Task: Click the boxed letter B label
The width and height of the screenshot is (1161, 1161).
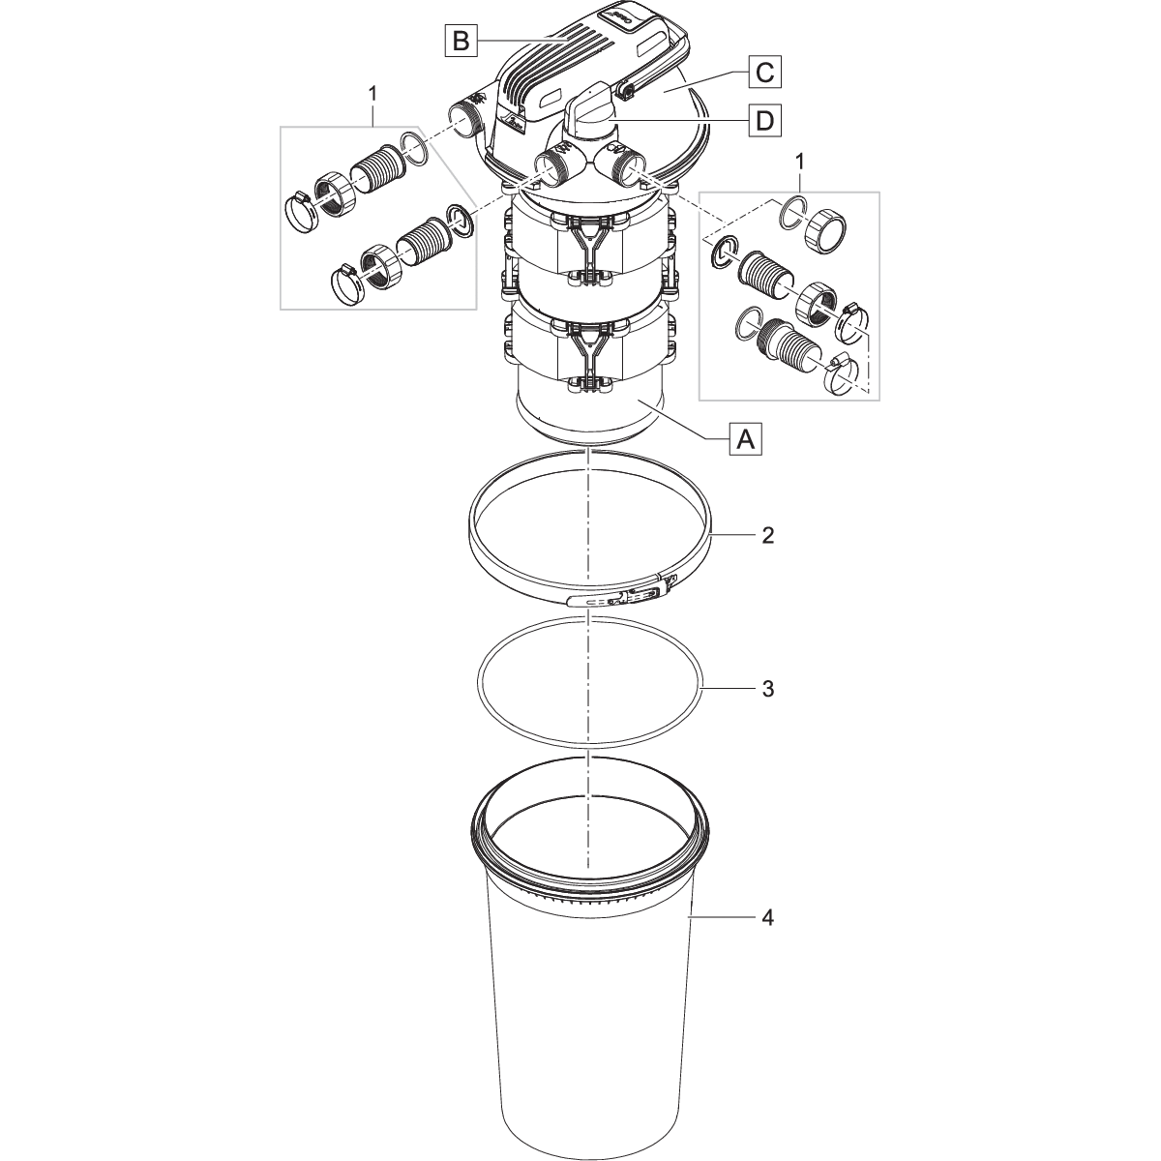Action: click(461, 41)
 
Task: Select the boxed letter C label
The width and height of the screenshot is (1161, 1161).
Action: click(764, 73)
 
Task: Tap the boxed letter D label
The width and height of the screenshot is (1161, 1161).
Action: click(764, 121)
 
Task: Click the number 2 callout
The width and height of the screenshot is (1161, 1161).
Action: click(767, 535)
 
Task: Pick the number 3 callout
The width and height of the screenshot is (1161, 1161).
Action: click(767, 689)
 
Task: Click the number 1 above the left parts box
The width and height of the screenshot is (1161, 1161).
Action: click(372, 94)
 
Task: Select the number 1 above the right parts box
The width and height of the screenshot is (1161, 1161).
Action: click(800, 162)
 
